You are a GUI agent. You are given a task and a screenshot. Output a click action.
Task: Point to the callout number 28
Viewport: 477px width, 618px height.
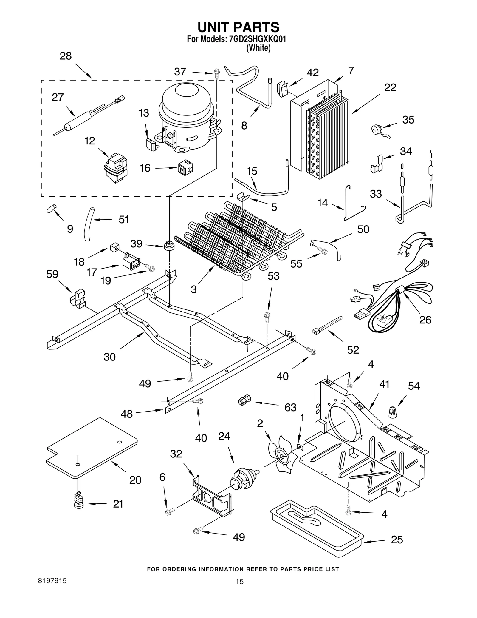tap(66, 56)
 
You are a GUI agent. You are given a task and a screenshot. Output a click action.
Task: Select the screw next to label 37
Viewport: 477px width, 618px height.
tap(217, 73)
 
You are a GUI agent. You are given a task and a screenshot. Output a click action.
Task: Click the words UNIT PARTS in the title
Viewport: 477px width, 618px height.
tap(238, 27)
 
